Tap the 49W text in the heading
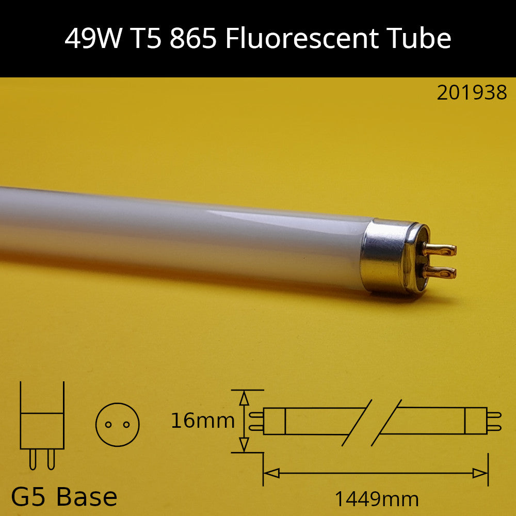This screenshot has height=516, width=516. click(x=92, y=39)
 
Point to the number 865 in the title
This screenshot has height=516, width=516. click(x=192, y=39)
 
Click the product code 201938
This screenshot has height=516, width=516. click(x=472, y=93)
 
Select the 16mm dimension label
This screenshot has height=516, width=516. click(x=203, y=421)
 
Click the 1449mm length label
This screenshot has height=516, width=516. click(x=376, y=499)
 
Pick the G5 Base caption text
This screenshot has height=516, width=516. click(x=64, y=497)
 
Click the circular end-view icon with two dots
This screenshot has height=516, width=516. click(x=118, y=424)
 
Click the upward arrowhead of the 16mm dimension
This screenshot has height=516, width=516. click(x=244, y=398)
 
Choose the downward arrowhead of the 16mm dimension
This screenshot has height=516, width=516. click(x=244, y=444)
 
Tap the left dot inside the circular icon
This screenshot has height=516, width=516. click(x=108, y=425)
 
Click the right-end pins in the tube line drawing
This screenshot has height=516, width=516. click(x=494, y=421)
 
